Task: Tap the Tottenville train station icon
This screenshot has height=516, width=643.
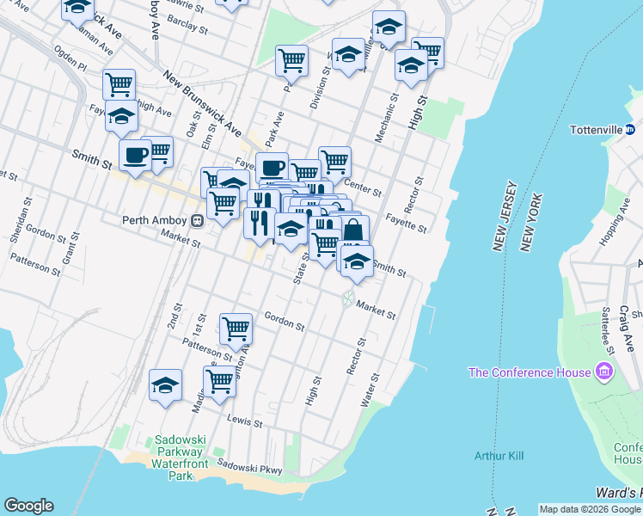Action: [x=630, y=131]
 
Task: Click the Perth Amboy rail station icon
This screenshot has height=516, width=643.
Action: [x=197, y=221]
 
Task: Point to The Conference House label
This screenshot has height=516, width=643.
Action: [x=529, y=372]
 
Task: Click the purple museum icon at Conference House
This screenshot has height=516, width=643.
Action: [x=604, y=372]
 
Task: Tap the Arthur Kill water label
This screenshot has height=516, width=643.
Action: [x=499, y=455]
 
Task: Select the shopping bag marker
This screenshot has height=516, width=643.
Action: [x=352, y=230]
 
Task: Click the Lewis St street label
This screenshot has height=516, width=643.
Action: [x=244, y=421]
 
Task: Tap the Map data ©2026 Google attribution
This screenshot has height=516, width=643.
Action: [x=590, y=509]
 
